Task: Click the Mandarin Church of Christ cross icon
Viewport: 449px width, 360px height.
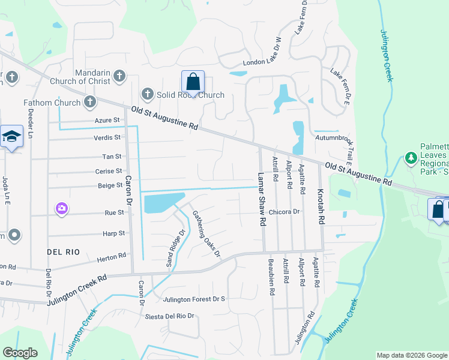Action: click(x=119, y=76)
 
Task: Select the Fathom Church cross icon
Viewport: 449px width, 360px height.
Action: click(x=90, y=102)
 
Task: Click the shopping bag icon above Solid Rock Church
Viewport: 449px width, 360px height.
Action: click(x=193, y=81)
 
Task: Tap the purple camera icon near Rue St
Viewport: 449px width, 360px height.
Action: click(x=62, y=209)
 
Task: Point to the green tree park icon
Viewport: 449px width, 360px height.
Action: click(x=411, y=158)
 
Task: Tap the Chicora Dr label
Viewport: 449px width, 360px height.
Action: click(x=284, y=212)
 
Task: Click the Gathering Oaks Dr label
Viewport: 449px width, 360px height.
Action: click(x=206, y=233)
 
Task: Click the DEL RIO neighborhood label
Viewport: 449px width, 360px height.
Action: click(x=64, y=252)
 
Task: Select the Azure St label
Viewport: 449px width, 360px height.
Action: click(x=107, y=120)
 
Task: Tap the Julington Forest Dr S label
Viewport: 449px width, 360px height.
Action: click(x=194, y=299)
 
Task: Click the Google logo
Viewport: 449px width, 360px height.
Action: click(x=20, y=353)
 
